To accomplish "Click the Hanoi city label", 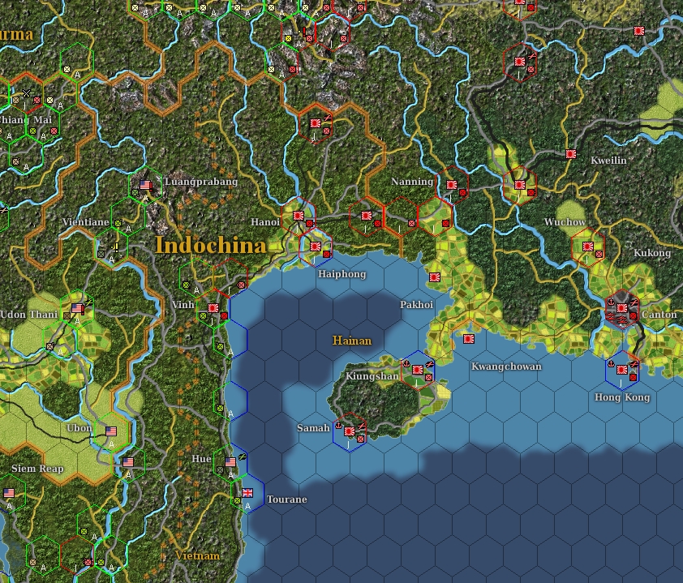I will coord(265,221).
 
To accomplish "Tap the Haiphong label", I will coord(341,274).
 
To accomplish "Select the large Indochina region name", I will coord(210,245).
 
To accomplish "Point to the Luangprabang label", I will coord(201,182).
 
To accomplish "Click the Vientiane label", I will coord(85,221).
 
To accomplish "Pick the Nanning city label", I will coord(412,182).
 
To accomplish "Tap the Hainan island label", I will coord(351,341).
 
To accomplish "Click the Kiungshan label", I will coord(372,376).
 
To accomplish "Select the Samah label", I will coord(313,427).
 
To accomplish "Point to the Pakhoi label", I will coord(417,305).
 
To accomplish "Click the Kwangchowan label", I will coord(506,367).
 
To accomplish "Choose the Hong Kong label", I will coord(622,397).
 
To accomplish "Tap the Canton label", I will coord(659,315).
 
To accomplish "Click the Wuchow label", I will coord(565,222).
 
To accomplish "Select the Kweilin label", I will coord(608,161).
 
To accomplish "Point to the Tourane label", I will coord(286,499).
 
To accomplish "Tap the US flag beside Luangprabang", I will coord(146,184).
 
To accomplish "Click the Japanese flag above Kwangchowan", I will coord(468,338).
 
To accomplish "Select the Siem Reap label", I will coord(37,469).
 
